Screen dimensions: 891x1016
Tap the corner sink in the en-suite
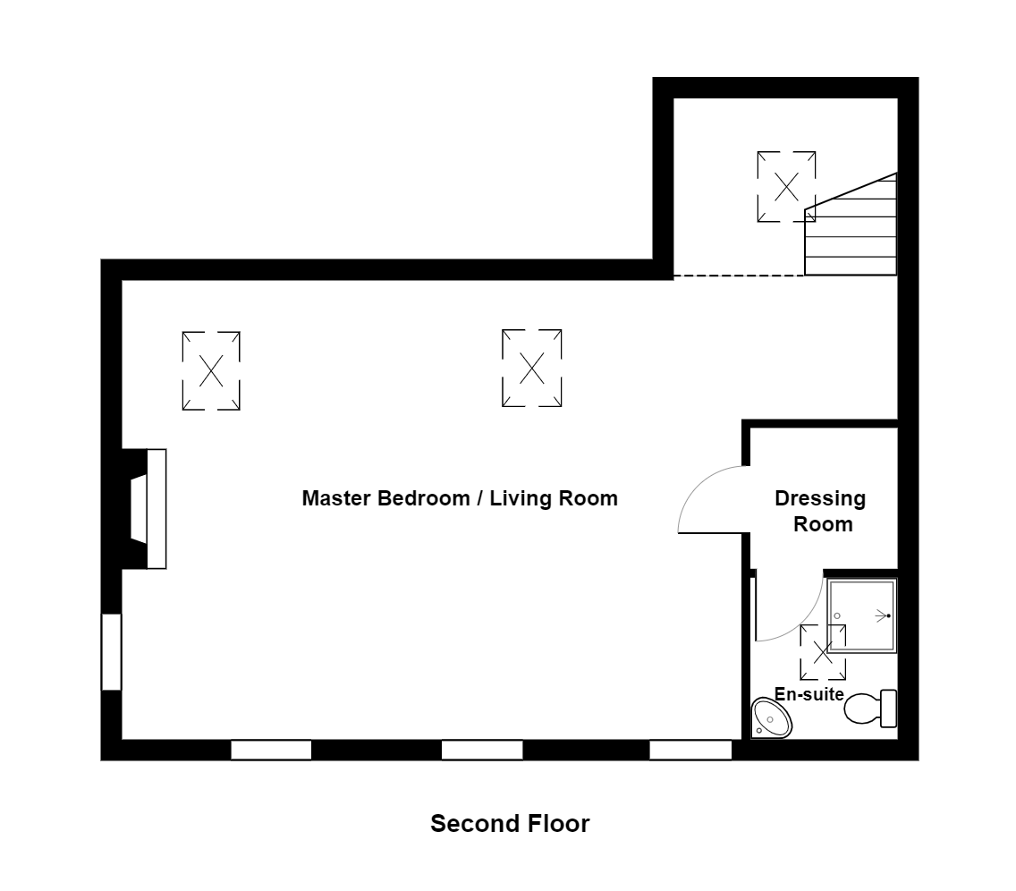click(x=770, y=717)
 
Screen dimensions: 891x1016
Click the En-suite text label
click(x=809, y=693)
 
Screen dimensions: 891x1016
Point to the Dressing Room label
click(x=820, y=511)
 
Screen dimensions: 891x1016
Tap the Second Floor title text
click(x=510, y=823)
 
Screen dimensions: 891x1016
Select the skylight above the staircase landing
click(x=786, y=187)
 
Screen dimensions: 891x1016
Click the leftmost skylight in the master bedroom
click(x=211, y=370)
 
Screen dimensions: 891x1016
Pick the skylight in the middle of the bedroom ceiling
click(x=532, y=368)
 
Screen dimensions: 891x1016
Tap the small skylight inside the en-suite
click(x=822, y=650)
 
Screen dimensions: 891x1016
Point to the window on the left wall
click(x=111, y=651)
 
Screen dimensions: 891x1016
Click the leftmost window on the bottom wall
click(x=271, y=750)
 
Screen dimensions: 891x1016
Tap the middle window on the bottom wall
click(x=482, y=750)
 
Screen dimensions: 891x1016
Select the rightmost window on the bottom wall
click(x=690, y=750)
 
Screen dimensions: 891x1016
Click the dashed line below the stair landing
click(x=738, y=276)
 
